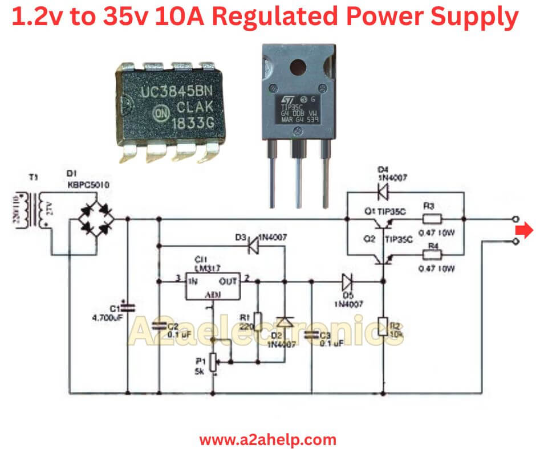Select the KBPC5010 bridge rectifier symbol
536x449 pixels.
[x=95, y=219]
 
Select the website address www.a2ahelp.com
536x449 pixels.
[x=267, y=439]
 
